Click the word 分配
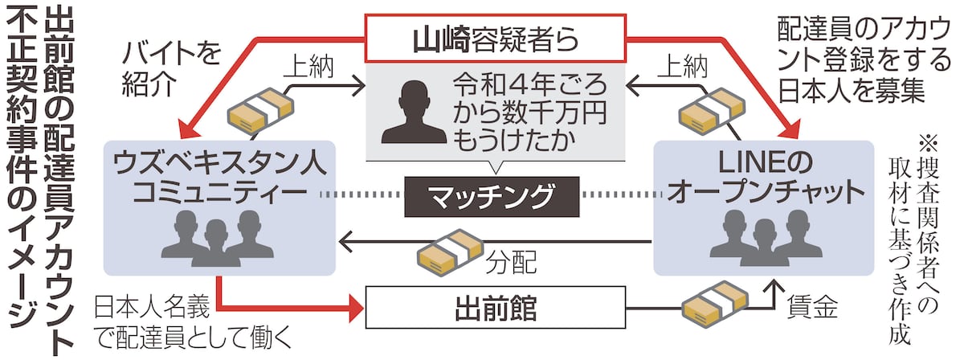click(514, 260)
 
